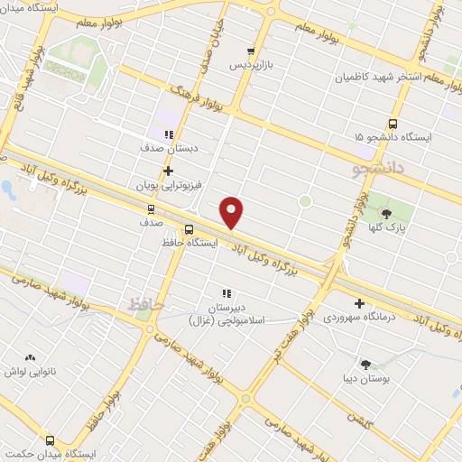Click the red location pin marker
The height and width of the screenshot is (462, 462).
click(x=232, y=212)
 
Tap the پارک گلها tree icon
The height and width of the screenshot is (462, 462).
click(x=387, y=214)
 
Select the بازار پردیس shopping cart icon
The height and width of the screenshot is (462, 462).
click(x=251, y=51)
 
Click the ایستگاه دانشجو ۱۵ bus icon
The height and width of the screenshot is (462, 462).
click(x=393, y=124)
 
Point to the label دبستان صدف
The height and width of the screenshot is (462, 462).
click(x=169, y=146)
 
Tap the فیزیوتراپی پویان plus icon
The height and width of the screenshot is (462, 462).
click(x=168, y=171)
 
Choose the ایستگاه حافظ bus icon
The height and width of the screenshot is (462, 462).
click(x=189, y=229)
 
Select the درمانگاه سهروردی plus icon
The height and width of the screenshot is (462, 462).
click(x=360, y=303)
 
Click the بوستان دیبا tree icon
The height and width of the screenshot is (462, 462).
click(x=365, y=365)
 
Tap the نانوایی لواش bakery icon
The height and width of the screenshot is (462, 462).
click(x=30, y=358)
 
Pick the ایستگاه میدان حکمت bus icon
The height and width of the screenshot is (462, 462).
click(x=49, y=441)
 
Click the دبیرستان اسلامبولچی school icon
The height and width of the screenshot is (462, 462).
click(x=226, y=293)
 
